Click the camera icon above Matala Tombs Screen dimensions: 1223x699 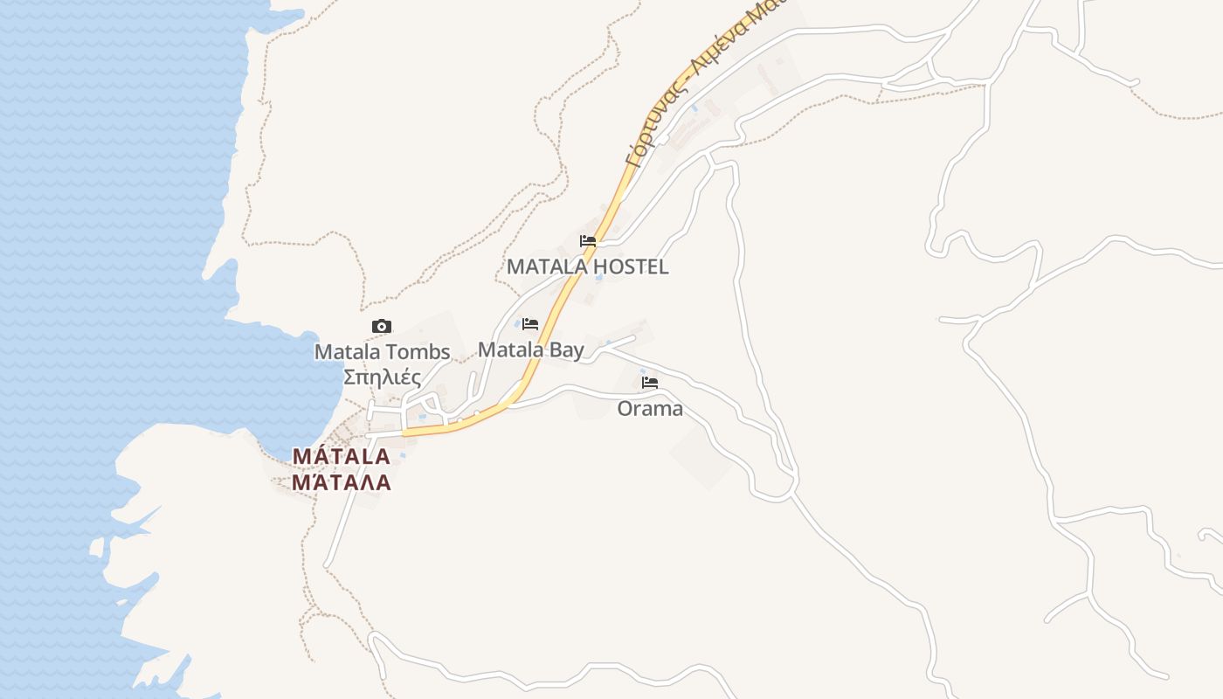382,327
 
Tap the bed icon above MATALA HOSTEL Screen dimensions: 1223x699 588,241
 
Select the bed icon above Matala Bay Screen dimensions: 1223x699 530,324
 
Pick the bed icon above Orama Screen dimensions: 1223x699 650,383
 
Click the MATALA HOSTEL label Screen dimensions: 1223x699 588,266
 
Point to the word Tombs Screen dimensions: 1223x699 421,352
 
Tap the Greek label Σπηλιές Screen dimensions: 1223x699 382,377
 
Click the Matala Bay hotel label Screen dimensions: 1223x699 530,349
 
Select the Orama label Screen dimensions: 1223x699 650,408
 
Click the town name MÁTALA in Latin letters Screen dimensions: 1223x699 341,456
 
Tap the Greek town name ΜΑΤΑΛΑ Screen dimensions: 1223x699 341,482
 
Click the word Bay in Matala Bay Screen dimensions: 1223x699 567,350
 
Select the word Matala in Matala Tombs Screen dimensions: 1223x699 349,352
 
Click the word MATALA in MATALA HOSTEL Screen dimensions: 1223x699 545,266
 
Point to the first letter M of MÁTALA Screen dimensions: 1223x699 301,456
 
